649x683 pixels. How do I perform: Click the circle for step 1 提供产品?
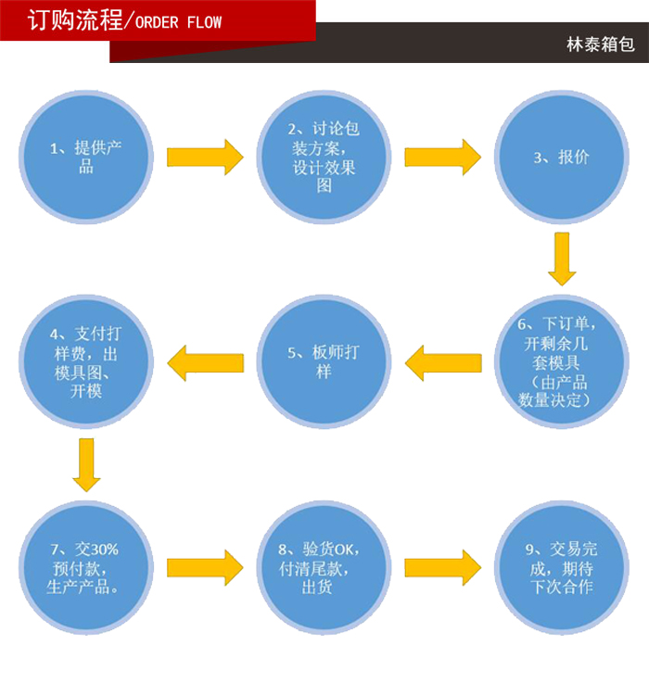(x=86, y=157)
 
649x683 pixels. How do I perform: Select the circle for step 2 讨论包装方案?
(x=324, y=157)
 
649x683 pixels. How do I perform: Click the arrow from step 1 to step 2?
(x=204, y=157)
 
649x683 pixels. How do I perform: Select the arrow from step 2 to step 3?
(x=442, y=157)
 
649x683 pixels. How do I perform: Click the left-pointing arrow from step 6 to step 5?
(x=443, y=362)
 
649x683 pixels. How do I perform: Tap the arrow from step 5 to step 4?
(x=205, y=362)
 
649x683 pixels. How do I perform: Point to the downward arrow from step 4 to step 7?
(x=86, y=464)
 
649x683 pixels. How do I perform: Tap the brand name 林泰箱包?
(x=600, y=44)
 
